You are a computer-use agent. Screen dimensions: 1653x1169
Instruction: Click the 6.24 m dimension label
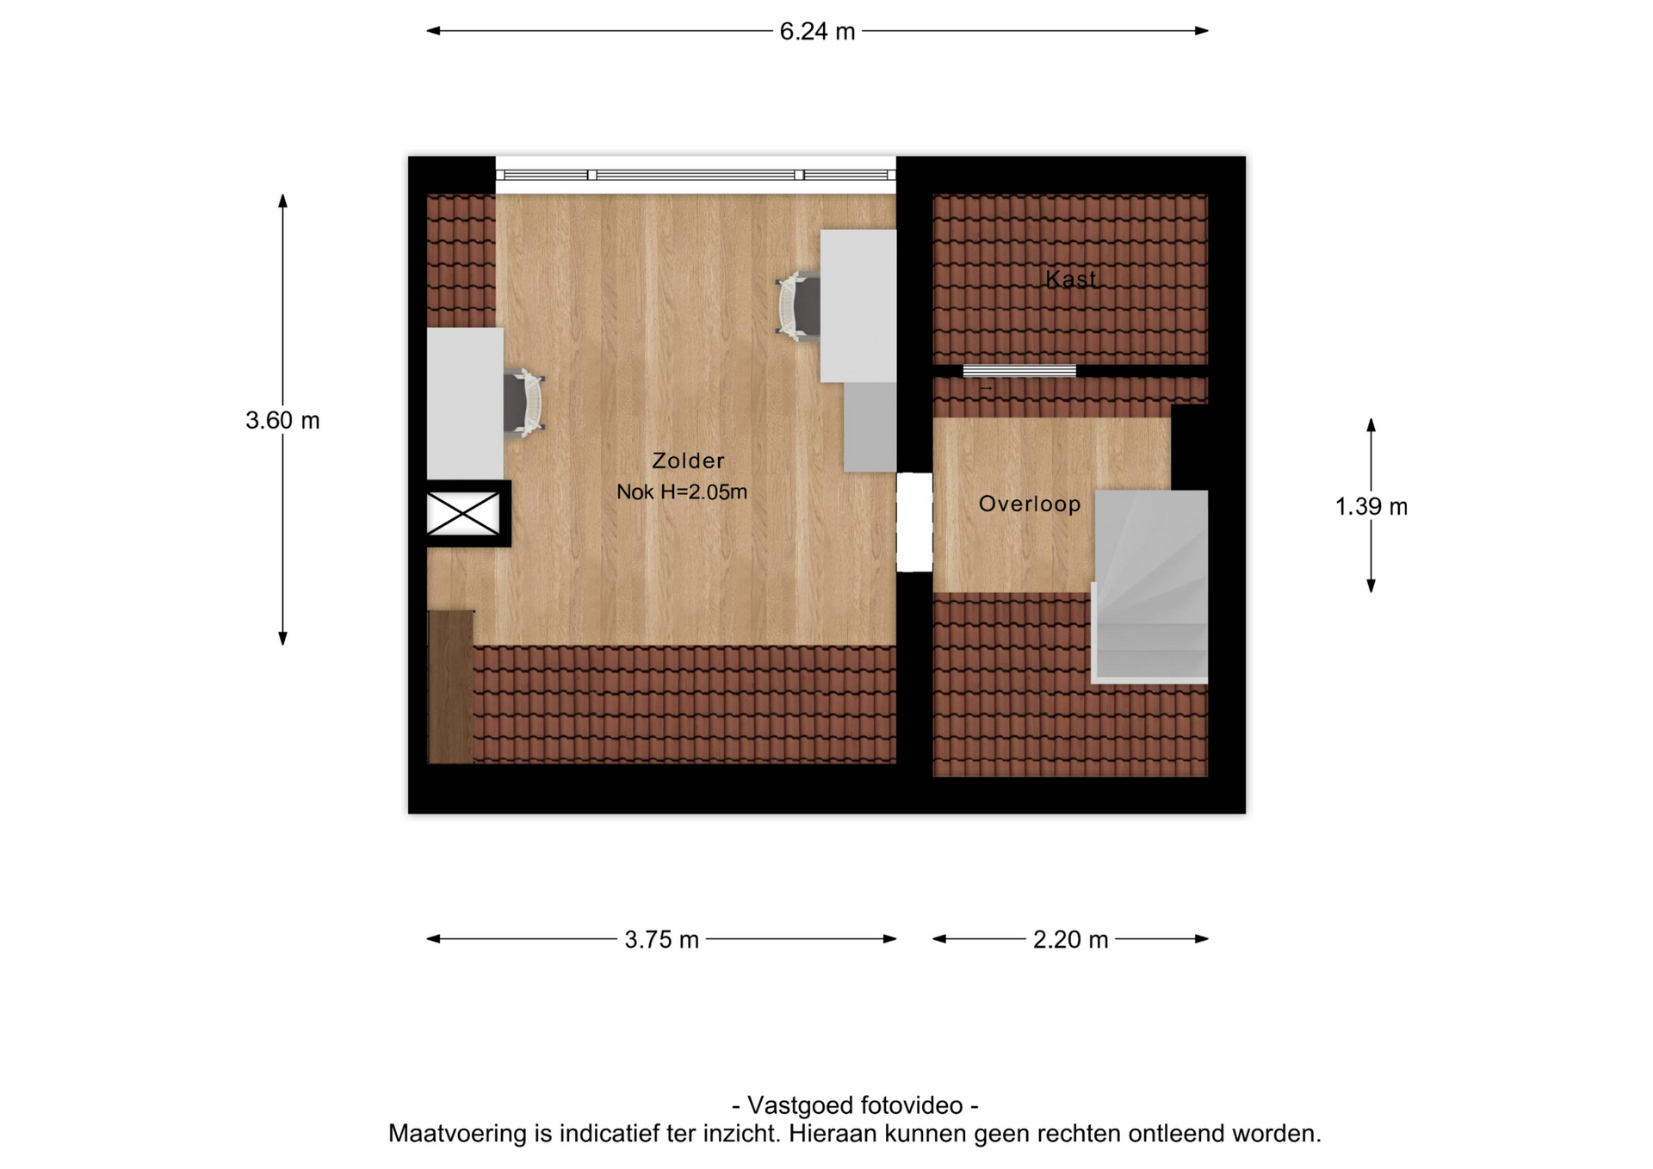click(817, 32)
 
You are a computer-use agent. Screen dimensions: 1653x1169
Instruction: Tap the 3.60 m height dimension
click(282, 420)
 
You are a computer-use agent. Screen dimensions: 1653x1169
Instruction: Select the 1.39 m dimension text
click(1371, 506)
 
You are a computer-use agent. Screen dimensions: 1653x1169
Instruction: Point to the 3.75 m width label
click(661, 939)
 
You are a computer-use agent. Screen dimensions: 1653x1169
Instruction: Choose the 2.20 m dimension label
click(1070, 939)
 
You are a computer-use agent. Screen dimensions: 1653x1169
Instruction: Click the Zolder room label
click(688, 461)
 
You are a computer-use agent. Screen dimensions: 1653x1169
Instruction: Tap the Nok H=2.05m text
click(682, 492)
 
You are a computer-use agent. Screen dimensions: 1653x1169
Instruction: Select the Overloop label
click(1030, 504)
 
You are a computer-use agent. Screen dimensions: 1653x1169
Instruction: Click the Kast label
click(1071, 279)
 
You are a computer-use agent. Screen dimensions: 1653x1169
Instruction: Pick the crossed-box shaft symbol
click(463, 514)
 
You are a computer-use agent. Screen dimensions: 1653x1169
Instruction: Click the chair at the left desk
click(523, 403)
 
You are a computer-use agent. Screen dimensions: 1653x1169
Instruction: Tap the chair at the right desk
click(798, 306)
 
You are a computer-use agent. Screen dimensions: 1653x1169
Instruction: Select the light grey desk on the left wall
click(465, 403)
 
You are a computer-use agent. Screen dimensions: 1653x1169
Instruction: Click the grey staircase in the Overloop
click(1150, 587)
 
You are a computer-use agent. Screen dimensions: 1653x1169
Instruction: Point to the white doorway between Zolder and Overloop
click(914, 522)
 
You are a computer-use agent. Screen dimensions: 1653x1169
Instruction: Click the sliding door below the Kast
click(1019, 371)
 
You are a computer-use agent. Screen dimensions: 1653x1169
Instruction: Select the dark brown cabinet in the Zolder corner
click(451, 687)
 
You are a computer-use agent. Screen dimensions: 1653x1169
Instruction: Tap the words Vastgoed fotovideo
click(855, 1105)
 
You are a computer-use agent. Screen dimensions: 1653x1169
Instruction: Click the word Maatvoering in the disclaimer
click(458, 1134)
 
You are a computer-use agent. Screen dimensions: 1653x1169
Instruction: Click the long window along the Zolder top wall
click(696, 175)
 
